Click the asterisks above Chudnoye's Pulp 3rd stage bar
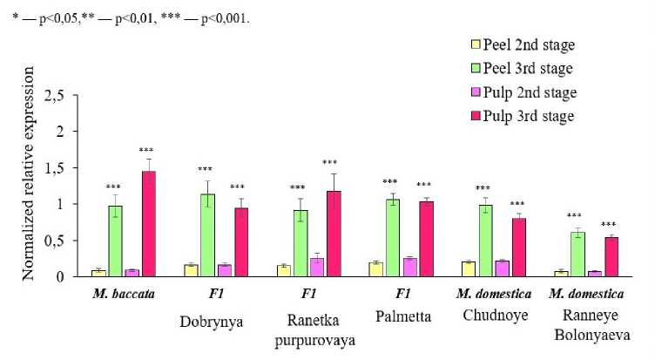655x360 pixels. point(517,204)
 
